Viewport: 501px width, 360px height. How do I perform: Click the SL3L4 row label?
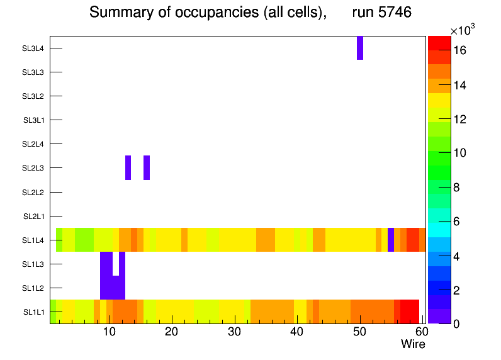pos(33,48)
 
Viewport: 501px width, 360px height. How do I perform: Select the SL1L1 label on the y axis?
pos(34,312)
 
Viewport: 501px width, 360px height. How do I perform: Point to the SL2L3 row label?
pos(33,168)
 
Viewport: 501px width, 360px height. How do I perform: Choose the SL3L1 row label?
pos(34,120)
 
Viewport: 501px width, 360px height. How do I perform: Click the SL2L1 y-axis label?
pos(34,217)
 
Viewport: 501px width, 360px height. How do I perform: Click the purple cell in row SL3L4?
pos(360,48)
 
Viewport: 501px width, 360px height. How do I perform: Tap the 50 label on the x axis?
pos(359,332)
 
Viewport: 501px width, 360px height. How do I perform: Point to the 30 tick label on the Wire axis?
pos(234,332)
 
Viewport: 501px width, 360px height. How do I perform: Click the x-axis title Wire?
pos(413,344)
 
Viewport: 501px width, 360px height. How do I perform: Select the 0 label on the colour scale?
pos(456,323)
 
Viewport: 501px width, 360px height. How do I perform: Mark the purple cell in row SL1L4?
pos(391,240)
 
